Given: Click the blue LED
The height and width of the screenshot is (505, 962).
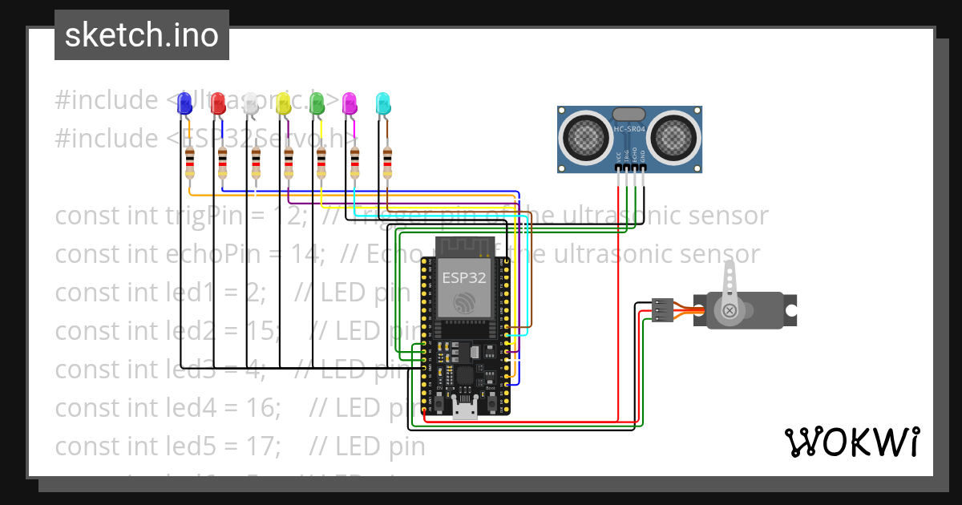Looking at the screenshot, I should (x=184, y=103).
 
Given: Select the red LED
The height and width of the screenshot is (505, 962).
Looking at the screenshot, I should (x=218, y=103).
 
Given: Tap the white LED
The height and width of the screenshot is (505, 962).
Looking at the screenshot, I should (x=251, y=103).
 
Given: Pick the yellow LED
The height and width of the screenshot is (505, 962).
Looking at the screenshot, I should (x=284, y=103).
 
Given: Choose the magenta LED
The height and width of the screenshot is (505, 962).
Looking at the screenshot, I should (x=350, y=103).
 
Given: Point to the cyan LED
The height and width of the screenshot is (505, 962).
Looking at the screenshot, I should (x=383, y=103).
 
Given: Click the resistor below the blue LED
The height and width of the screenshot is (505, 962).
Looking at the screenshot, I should (x=189, y=163).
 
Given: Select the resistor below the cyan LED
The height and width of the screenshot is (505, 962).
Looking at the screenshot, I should (x=387, y=163).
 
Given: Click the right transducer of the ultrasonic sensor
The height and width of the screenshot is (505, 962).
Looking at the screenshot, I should (x=673, y=136).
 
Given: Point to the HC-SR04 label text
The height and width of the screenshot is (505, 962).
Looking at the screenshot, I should (x=630, y=129).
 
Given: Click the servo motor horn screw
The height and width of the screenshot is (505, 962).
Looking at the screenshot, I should (x=730, y=310).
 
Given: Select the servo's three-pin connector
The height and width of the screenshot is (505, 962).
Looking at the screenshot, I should (x=662, y=310).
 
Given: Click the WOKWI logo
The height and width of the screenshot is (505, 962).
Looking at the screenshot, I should (x=851, y=442).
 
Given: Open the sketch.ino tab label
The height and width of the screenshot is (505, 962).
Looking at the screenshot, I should (x=142, y=34).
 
